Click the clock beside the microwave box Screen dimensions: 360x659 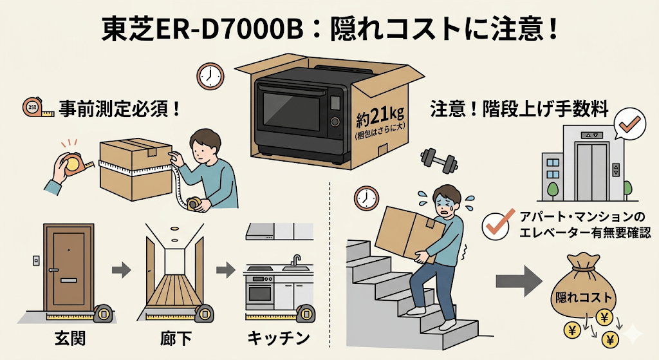tap(210, 76)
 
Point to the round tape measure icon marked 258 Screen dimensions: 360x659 tap(33, 108)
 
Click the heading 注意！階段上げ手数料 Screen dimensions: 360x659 tap(519, 109)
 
